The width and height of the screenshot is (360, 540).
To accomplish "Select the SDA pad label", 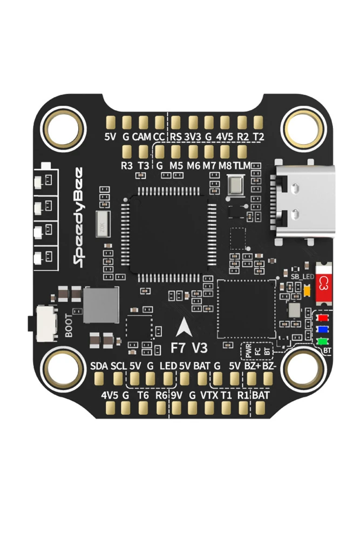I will pos(99,366).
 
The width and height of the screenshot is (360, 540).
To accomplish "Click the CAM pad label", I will pos(141,137).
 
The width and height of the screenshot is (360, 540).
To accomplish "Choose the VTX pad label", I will pos(209,395).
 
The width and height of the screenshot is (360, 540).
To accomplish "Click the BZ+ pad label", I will pos(252,366).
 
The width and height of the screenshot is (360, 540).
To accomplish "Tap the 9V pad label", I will pos(176,395).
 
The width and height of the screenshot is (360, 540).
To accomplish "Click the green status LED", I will pos(323,341).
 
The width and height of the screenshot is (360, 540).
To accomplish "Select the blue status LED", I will pos(323,330).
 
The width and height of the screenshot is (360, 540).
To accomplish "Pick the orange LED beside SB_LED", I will pos(307,291).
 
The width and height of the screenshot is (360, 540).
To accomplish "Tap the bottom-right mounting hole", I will pos(304,369).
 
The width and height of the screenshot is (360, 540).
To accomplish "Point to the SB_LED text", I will pos(302,276).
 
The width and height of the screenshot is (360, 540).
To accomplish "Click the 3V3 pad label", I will pos(192,137).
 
